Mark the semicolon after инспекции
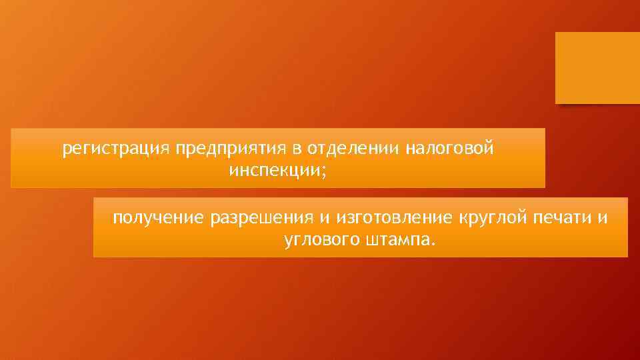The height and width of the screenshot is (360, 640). [324, 171]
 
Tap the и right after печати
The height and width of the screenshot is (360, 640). [603, 218]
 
